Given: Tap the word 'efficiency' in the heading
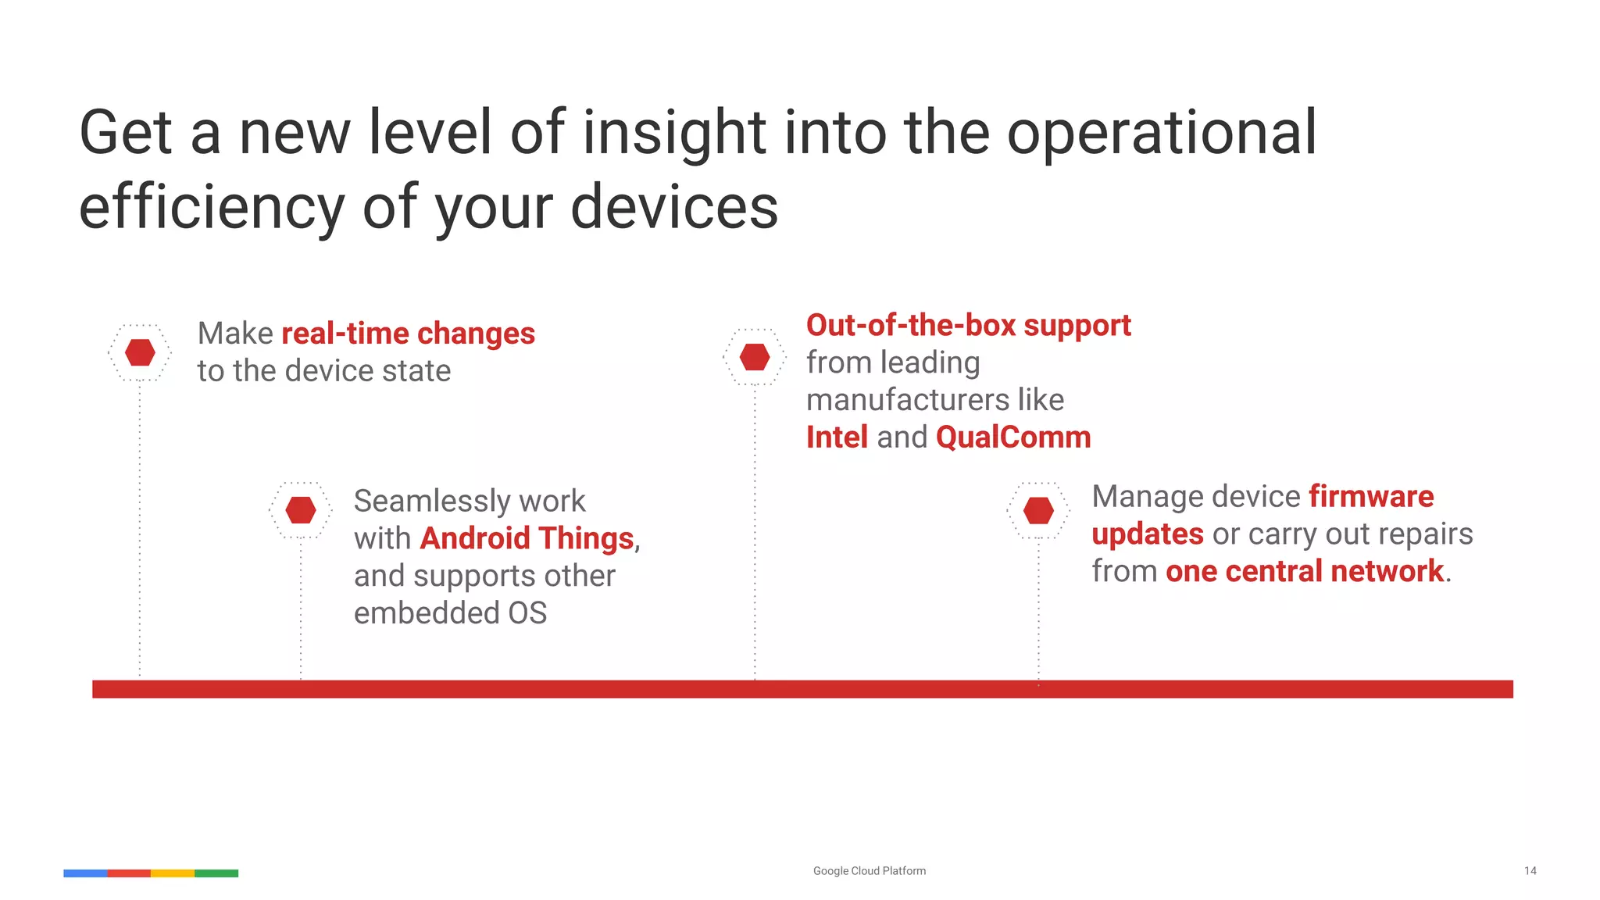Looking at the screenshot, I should tap(212, 207).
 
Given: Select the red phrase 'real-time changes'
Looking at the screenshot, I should tap(408, 334).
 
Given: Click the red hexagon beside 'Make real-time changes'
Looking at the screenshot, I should tap(140, 352).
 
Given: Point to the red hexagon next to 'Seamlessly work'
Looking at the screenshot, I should tap(301, 510).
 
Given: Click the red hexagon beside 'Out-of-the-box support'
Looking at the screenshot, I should tap(755, 357).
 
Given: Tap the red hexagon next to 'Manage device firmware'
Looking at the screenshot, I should tap(1038, 510).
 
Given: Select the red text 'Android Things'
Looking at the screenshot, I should tap(527, 538).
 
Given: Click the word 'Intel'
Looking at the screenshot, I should tap(837, 437).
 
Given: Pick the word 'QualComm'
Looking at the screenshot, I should tap(1013, 437).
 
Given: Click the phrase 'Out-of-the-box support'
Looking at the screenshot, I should tap(968, 326).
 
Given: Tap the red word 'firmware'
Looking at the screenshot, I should tap(1371, 497).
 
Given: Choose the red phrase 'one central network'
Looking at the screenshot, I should tap(1304, 572).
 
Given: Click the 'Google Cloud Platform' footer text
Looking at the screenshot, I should tap(869, 870).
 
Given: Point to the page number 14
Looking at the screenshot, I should tap(1530, 870).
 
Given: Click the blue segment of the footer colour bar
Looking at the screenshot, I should tap(85, 873).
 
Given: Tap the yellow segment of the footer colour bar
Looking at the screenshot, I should tap(172, 873).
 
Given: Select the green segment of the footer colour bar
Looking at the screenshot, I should tap(216, 873).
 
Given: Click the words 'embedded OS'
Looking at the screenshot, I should tap(450, 613).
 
